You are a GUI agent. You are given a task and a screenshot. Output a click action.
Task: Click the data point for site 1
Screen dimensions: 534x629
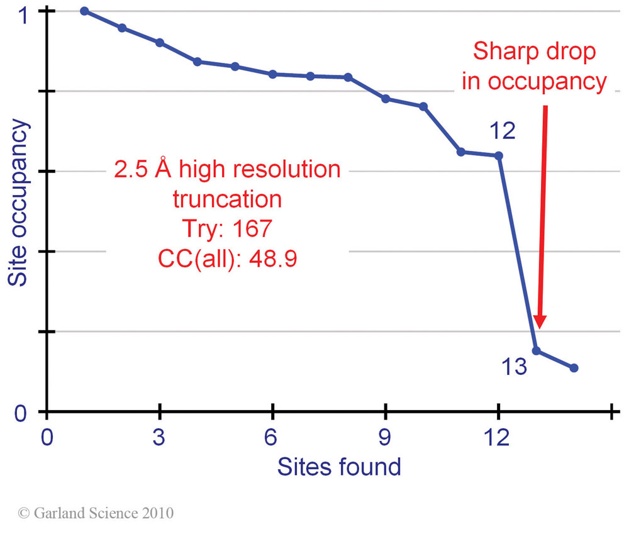[x=84, y=11]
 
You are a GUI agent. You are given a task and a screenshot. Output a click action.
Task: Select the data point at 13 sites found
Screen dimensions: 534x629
[x=536, y=350]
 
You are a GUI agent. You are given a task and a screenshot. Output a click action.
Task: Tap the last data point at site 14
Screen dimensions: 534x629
[x=574, y=368]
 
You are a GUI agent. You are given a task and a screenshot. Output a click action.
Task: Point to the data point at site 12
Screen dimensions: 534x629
[x=499, y=155]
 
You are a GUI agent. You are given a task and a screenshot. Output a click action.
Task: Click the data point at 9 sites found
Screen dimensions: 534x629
[x=386, y=99]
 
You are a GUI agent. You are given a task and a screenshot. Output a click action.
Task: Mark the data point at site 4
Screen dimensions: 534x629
[x=197, y=62]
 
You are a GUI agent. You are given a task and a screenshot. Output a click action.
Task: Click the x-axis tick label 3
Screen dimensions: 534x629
[x=160, y=437]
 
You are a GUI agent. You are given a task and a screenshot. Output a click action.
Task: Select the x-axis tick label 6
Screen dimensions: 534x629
[x=272, y=437]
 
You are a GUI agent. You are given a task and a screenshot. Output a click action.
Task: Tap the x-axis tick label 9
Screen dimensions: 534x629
[x=386, y=437]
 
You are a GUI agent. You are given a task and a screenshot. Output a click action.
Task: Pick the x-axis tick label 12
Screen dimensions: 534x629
[x=498, y=437]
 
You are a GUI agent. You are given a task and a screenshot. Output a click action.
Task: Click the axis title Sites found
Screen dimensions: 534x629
[x=339, y=467]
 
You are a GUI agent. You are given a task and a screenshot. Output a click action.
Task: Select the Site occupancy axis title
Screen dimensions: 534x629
[x=19, y=203]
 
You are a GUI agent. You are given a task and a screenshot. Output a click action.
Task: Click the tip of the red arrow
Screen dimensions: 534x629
[x=538, y=328]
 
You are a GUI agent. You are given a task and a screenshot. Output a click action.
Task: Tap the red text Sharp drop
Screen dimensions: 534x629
[x=534, y=52]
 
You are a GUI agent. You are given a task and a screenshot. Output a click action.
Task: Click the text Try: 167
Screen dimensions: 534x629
[x=227, y=228]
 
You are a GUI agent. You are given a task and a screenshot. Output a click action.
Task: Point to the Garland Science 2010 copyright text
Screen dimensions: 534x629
[x=96, y=513]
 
